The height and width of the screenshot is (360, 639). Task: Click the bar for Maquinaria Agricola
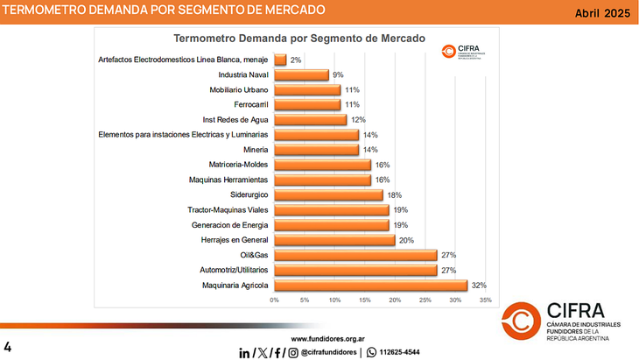click(370, 285)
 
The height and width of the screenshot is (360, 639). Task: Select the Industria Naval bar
click(301, 75)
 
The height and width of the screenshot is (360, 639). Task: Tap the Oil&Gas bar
click(355, 255)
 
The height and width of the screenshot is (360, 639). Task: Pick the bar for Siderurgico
click(328, 195)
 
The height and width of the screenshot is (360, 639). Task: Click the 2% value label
click(296, 60)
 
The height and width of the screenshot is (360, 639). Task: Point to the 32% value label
click(479, 285)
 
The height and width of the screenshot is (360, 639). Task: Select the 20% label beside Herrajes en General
click(406, 240)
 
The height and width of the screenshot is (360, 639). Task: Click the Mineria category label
click(252, 150)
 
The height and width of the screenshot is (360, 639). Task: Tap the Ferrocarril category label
click(245, 105)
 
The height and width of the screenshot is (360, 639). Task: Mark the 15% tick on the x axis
click(365, 300)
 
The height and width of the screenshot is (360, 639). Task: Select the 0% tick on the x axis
click(274, 300)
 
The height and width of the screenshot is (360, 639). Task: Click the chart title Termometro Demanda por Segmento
click(299, 39)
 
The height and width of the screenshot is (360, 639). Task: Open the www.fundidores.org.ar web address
click(327, 338)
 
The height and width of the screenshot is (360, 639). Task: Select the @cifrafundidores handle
click(328, 352)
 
